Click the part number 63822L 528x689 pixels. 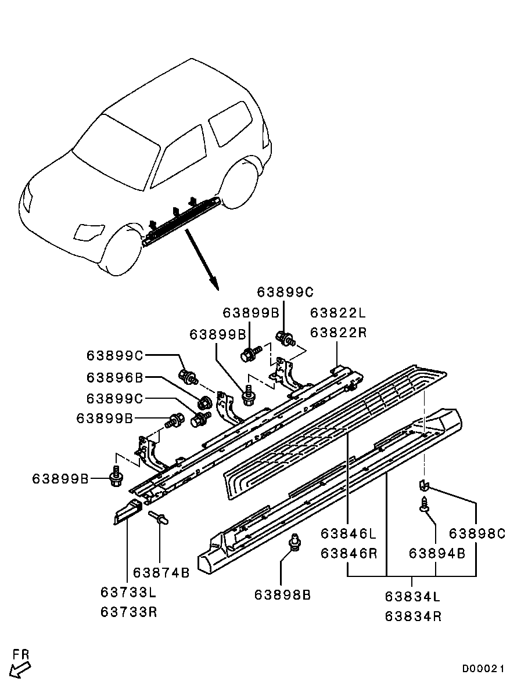pyautogui.click(x=337, y=313)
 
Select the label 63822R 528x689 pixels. pyautogui.click(x=337, y=333)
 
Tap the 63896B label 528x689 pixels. pyautogui.click(x=114, y=378)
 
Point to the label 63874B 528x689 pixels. pyautogui.click(x=161, y=573)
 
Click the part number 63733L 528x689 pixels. pyautogui.click(x=128, y=593)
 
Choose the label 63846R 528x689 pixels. pyautogui.click(x=349, y=554)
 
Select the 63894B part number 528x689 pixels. pyautogui.click(x=437, y=554)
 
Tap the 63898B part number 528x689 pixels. pyautogui.click(x=282, y=595)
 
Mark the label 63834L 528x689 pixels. pyautogui.click(x=413, y=597)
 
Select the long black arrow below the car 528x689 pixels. pyautogui.click(x=202, y=259)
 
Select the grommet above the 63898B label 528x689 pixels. pyautogui.click(x=295, y=542)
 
